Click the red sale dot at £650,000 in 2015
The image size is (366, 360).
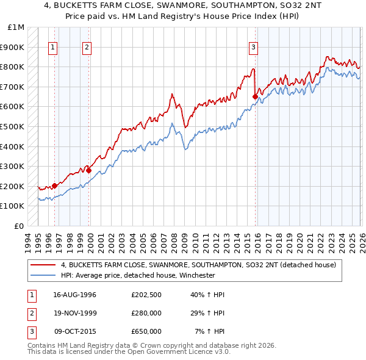[255, 96]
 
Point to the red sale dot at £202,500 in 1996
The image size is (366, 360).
[54, 185]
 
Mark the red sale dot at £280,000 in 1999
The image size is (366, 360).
[88, 170]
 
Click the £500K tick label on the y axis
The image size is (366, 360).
[12, 126]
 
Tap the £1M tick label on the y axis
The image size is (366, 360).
[16, 27]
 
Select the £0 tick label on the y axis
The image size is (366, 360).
[20, 226]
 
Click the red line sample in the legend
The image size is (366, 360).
[43, 265]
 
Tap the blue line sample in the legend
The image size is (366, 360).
[43, 275]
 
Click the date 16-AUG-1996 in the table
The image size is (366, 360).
[74, 295]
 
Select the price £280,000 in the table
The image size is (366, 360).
[146, 313]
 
